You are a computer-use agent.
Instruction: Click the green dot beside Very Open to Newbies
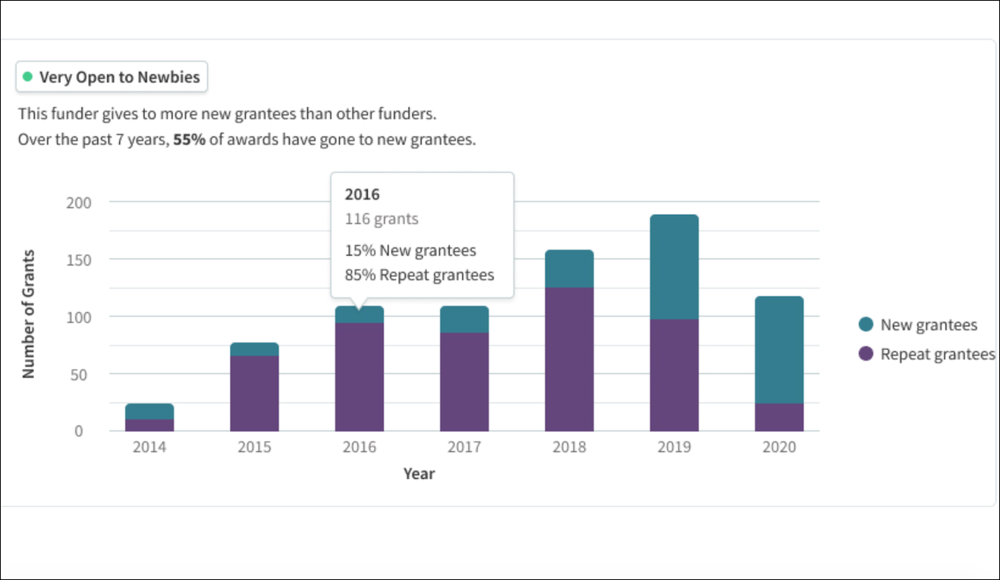[28, 77]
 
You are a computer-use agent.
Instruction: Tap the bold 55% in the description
[189, 140]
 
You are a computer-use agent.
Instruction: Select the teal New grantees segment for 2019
[674, 266]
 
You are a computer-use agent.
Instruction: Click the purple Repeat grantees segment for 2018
[569, 359]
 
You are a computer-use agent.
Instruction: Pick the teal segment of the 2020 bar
[779, 349]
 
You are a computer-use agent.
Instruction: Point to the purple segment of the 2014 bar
[149, 425]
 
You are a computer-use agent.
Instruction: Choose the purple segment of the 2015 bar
[254, 393]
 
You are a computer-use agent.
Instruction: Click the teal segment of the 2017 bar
[464, 319]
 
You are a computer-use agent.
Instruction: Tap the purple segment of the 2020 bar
[779, 417]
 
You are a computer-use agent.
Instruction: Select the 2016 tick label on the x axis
[359, 447]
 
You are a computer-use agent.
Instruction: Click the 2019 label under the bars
[674, 447]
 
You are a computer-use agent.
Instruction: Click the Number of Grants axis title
[29, 314]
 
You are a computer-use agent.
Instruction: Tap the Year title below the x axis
[419, 474]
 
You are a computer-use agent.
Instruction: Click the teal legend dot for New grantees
[866, 325]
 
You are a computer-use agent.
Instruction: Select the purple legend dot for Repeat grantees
[866, 354]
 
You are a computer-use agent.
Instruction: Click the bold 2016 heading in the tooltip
[362, 194]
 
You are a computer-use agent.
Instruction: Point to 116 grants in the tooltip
[381, 219]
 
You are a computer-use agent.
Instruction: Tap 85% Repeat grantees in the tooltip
[419, 275]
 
